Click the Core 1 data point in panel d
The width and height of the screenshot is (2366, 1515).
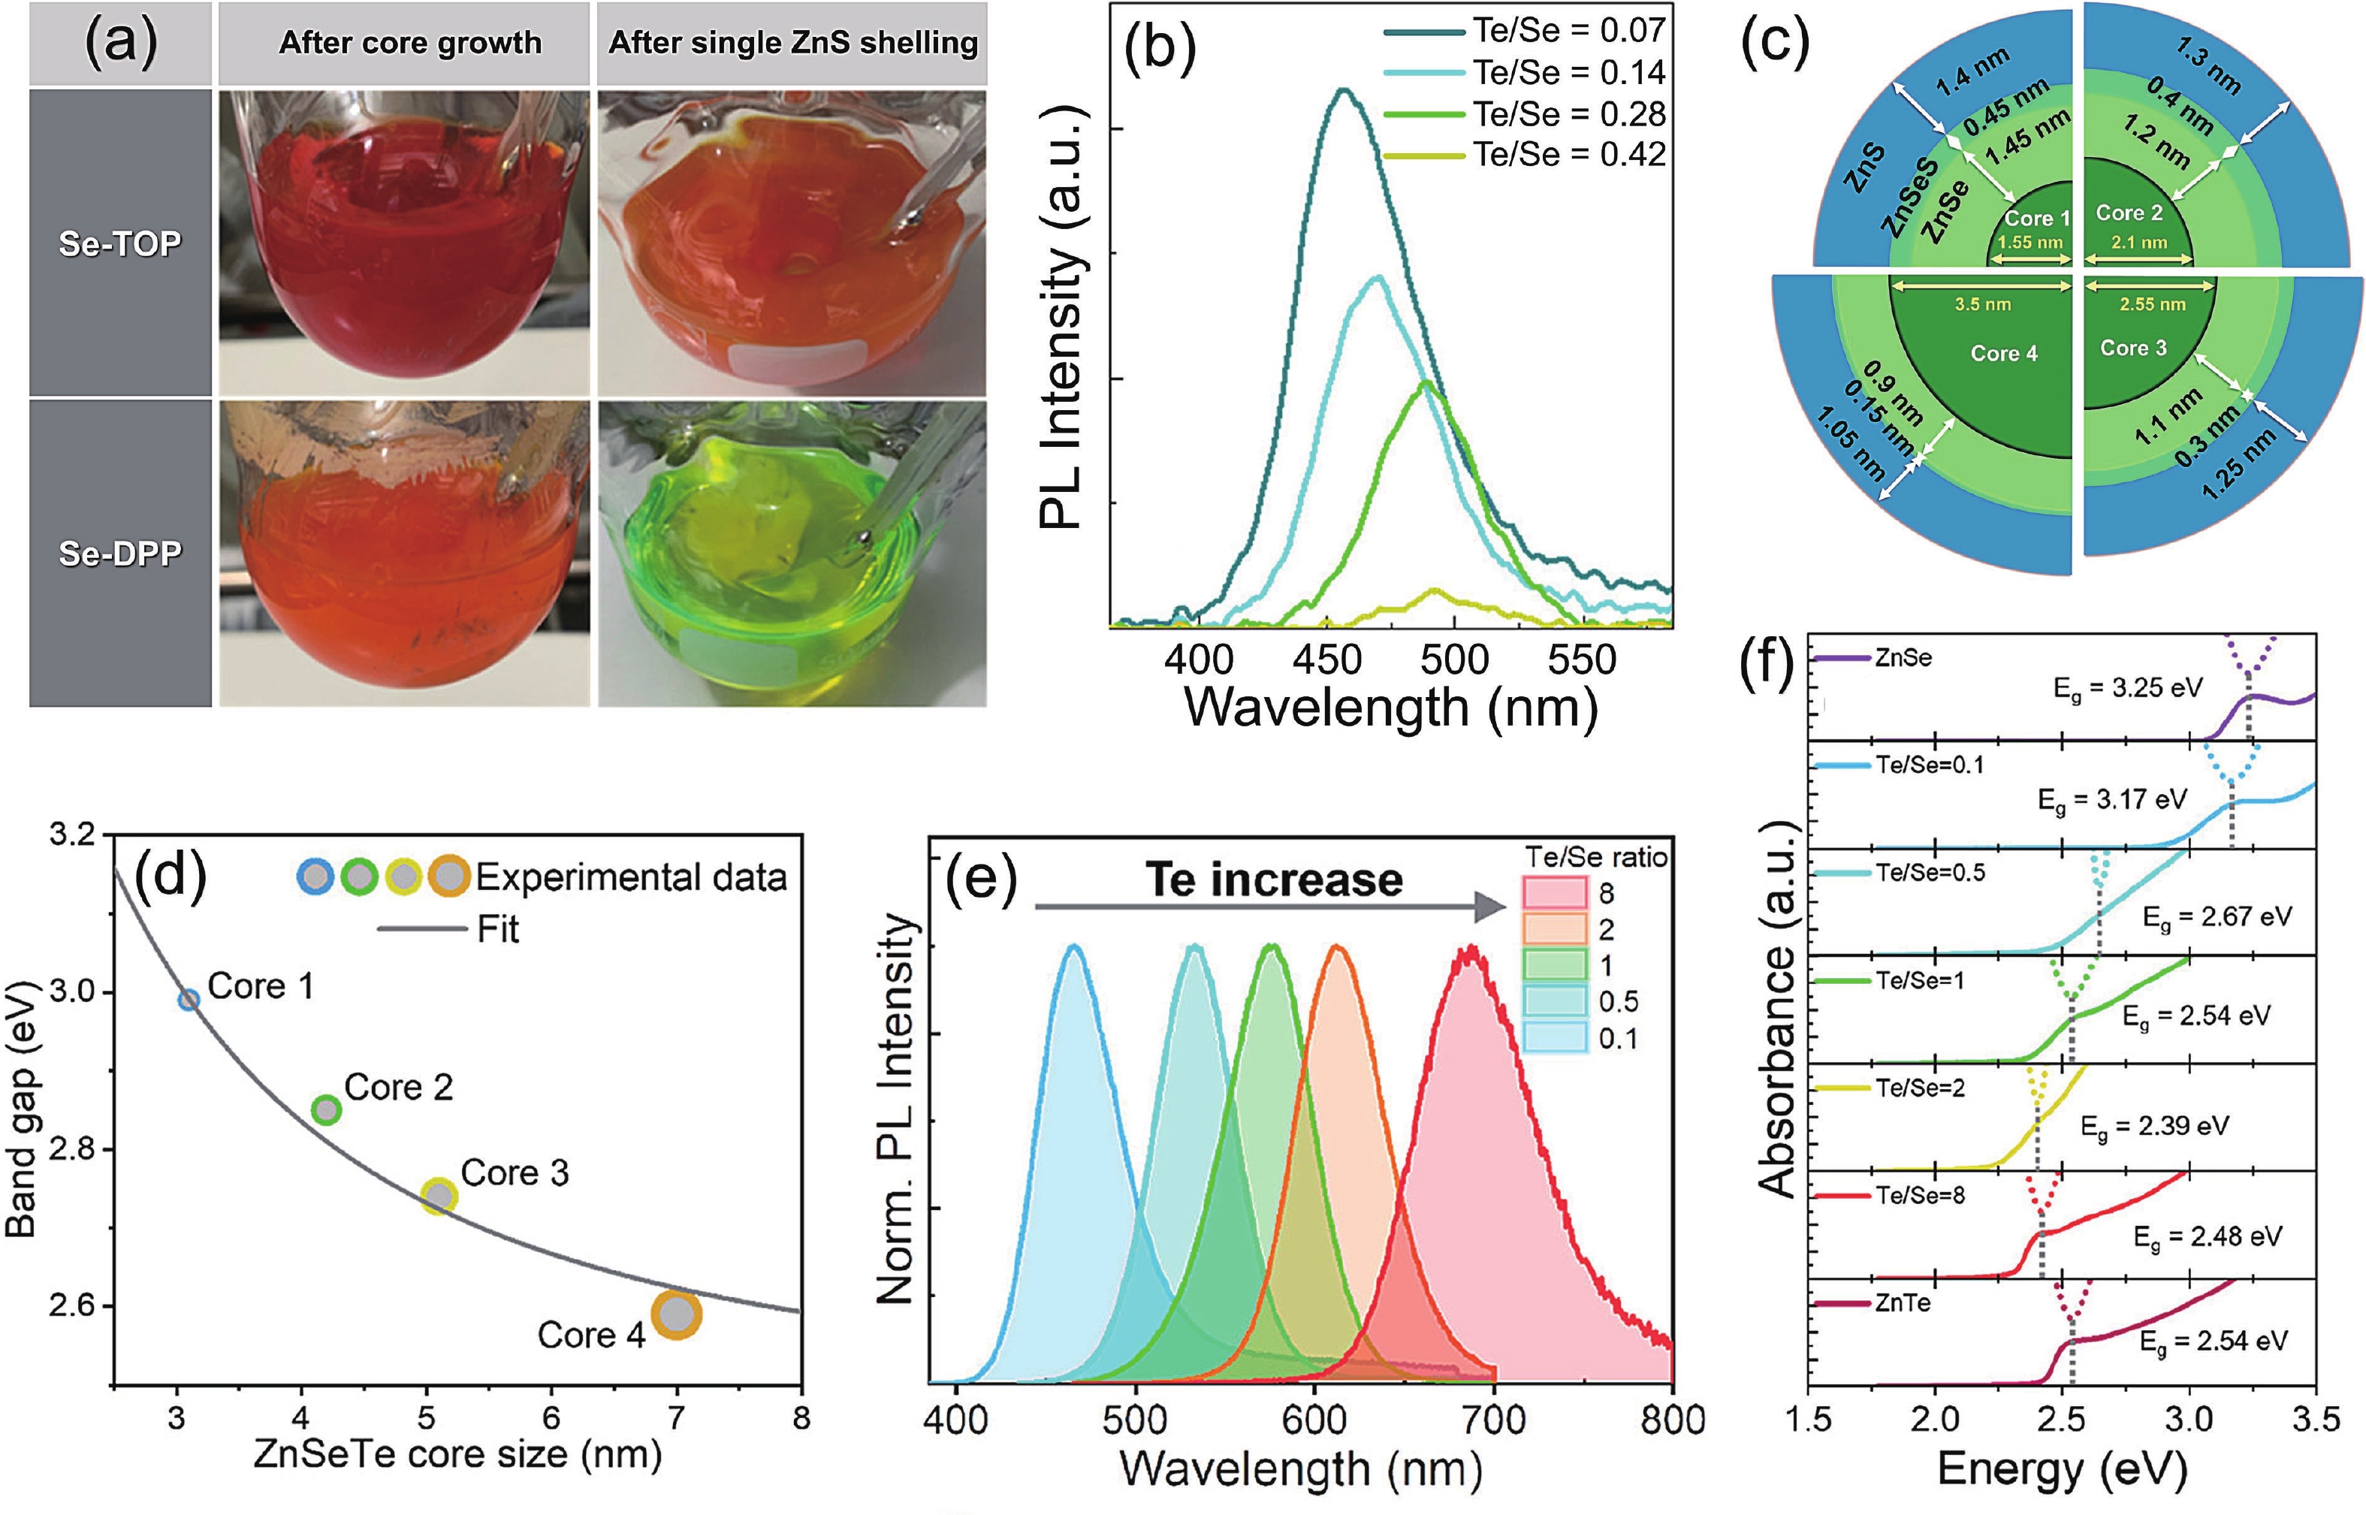pyautogui.click(x=188, y=1000)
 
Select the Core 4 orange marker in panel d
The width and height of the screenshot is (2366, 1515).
pyautogui.click(x=676, y=1314)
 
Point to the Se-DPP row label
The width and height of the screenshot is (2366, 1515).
pyautogui.click(x=120, y=553)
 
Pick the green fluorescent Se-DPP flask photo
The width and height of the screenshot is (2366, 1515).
pyautogui.click(x=791, y=553)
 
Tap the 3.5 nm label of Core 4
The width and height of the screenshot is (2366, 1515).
pyautogui.click(x=1982, y=304)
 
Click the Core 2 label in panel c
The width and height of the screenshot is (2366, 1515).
pyautogui.click(x=2129, y=213)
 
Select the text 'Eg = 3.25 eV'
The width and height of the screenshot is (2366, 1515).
pyautogui.click(x=2127, y=689)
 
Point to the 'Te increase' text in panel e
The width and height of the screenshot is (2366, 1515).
pyautogui.click(x=1273, y=880)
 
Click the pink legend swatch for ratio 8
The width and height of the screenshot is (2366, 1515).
pyautogui.click(x=1554, y=892)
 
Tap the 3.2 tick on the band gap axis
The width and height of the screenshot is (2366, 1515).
pyautogui.click(x=74, y=835)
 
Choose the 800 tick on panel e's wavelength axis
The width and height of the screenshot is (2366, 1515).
pyautogui.click(x=1673, y=1420)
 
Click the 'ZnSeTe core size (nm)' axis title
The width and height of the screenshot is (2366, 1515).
pyautogui.click(x=457, y=1455)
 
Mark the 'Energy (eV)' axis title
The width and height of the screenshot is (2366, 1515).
pyautogui.click(x=2061, y=1470)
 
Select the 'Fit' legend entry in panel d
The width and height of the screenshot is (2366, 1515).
pyautogui.click(x=498, y=928)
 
